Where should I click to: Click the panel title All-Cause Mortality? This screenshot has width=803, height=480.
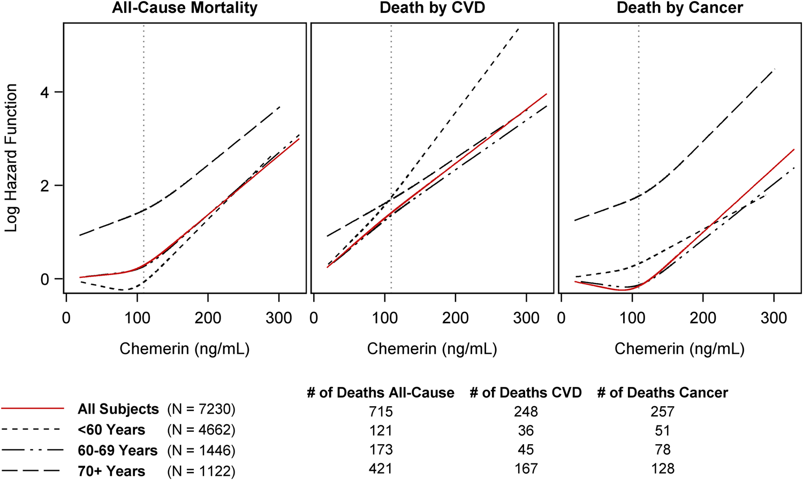tap(185, 8)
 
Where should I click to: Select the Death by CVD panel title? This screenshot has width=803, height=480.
tap(432, 8)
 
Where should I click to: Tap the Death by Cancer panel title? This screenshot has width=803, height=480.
tap(679, 8)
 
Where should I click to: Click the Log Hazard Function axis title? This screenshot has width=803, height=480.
tap(11, 158)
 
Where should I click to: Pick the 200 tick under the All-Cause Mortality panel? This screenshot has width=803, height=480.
tap(208, 318)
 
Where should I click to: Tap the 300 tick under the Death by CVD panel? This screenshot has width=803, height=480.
tap(526, 318)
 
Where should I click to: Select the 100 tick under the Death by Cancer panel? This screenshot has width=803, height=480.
tap(632, 318)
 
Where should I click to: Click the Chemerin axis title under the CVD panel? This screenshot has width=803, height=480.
tap(432, 349)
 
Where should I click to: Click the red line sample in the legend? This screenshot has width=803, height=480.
tap(33, 409)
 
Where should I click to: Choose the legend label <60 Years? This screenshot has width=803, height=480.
tap(111, 430)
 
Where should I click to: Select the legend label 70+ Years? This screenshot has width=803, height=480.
tap(111, 471)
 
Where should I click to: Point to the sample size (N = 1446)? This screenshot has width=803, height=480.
tap(201, 451)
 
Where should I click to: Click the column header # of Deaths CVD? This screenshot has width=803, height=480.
tap(526, 393)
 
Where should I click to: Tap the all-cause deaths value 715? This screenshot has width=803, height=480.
tap(381, 412)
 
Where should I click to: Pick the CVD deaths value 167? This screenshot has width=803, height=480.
tap(526, 469)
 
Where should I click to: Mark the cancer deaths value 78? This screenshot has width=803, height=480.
tap(663, 449)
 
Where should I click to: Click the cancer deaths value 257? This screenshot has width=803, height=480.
tap(663, 412)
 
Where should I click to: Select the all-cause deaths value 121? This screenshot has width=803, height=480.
tap(381, 431)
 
